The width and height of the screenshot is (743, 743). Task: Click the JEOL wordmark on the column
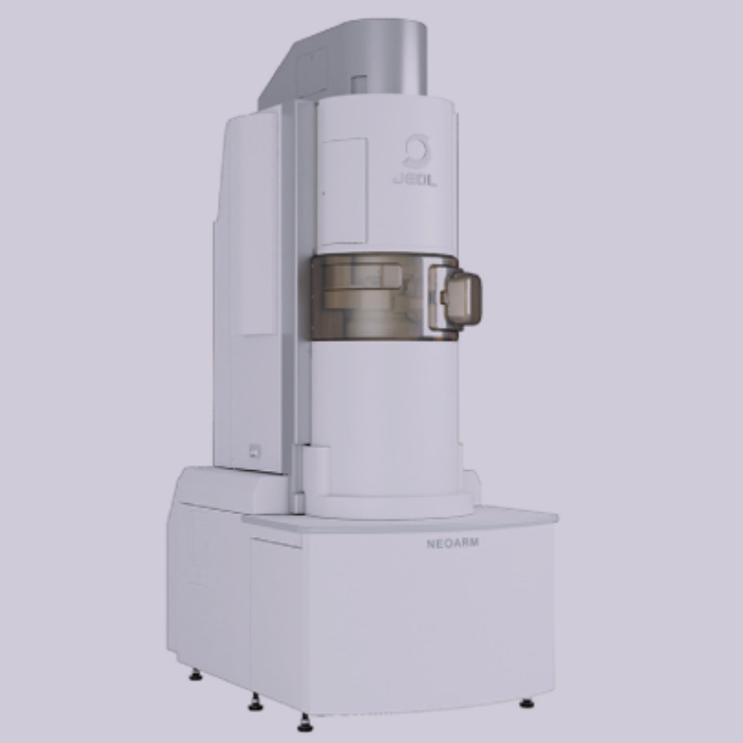(x=414, y=180)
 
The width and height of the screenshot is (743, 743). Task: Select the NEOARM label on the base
(x=453, y=543)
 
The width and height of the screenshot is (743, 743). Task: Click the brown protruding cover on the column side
(x=455, y=298)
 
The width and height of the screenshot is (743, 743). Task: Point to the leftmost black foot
(x=195, y=675)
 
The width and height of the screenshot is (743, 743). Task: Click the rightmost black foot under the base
(x=527, y=703)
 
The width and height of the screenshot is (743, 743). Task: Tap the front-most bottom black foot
(x=305, y=723)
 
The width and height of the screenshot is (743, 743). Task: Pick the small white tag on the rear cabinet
(x=255, y=451)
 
